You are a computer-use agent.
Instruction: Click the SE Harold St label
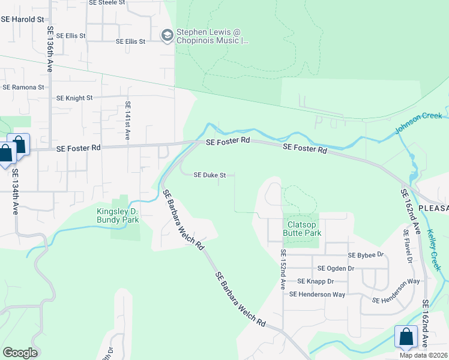(x=23, y=19)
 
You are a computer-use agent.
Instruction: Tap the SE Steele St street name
(x=107, y=3)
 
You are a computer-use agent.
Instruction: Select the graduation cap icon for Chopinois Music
(x=166, y=36)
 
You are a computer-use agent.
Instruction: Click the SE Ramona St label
(x=23, y=87)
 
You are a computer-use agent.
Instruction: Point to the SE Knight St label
(x=74, y=97)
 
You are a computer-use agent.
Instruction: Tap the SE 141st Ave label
(x=127, y=121)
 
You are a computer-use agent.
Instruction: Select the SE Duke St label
(x=209, y=175)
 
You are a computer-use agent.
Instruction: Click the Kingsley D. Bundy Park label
(x=118, y=215)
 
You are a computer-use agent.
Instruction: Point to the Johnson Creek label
(x=418, y=123)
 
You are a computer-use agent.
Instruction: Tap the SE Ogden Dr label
(x=336, y=268)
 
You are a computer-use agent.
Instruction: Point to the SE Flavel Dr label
(x=409, y=250)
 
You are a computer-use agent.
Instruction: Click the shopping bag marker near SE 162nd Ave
(x=406, y=337)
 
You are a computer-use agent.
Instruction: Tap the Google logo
(x=20, y=353)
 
